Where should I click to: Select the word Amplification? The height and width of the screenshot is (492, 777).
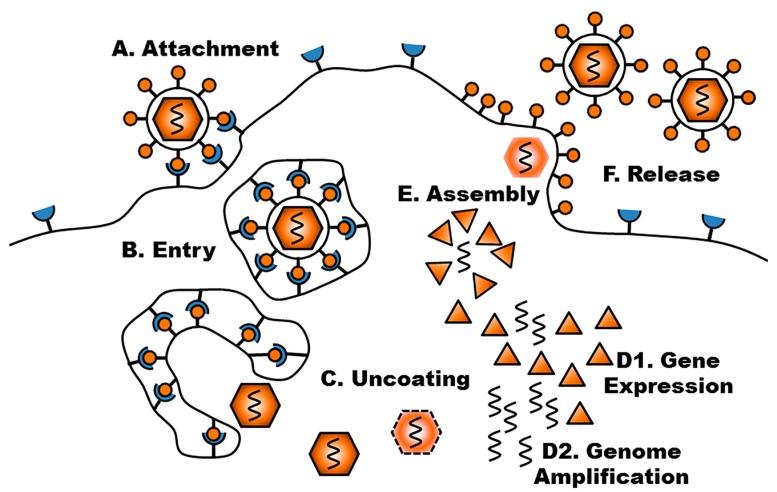[609, 475]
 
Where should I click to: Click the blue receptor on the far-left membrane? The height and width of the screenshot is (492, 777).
[45, 213]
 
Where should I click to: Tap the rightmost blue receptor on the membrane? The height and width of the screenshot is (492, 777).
[714, 222]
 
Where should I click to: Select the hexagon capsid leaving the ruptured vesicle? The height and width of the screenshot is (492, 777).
[250, 403]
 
